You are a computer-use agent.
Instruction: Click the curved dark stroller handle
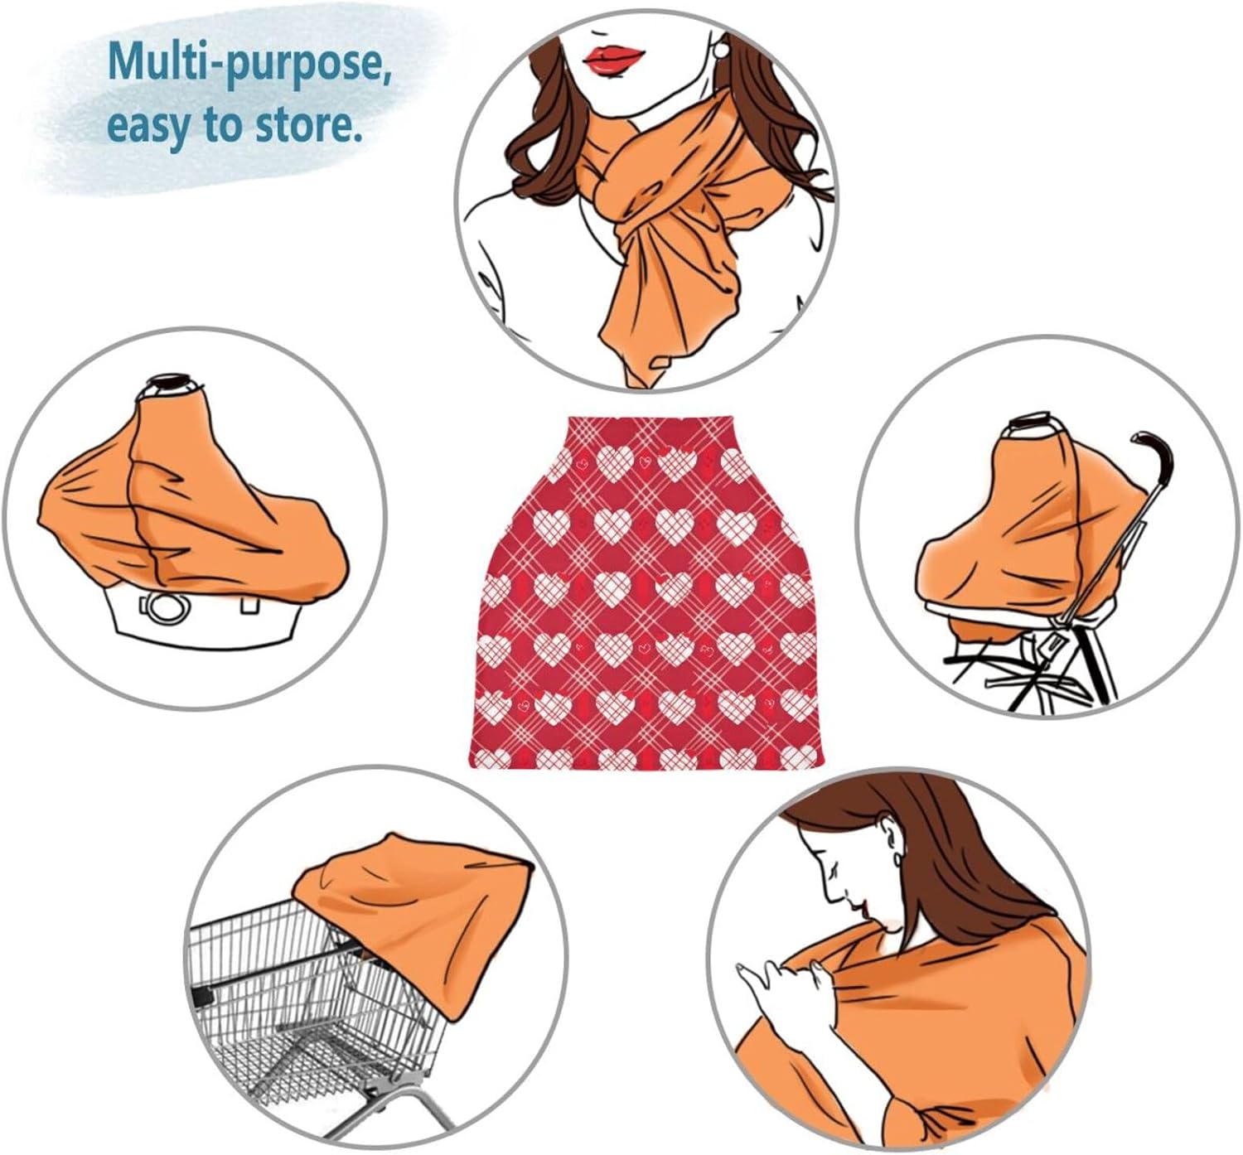[x=1154, y=455]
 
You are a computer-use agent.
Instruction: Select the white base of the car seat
[x=207, y=617]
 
